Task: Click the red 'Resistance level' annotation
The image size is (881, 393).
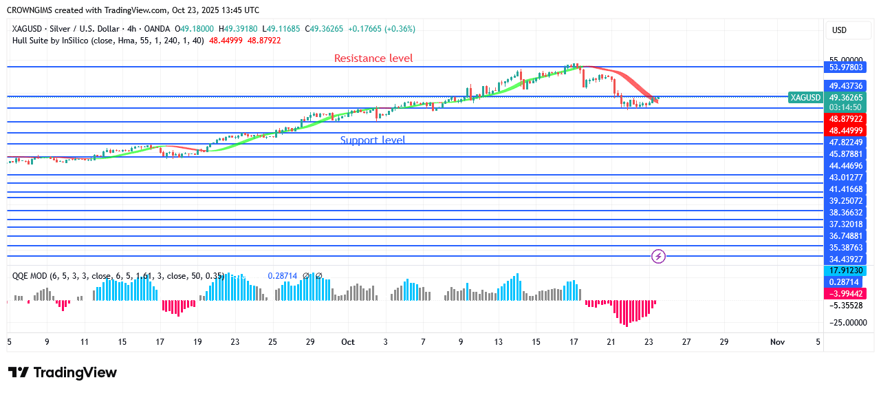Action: (x=373, y=59)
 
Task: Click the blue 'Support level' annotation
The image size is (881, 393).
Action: (x=373, y=140)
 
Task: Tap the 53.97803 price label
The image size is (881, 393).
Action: (x=846, y=67)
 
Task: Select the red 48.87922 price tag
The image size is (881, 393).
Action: (x=846, y=120)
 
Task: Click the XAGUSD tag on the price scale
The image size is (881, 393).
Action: (x=805, y=98)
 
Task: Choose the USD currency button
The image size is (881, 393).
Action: (x=839, y=30)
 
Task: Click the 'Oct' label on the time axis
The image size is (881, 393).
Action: (x=347, y=342)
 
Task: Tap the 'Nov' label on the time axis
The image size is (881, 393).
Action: (x=778, y=342)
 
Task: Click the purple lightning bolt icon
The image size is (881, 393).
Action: (x=658, y=257)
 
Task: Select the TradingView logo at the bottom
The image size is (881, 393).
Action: (x=63, y=372)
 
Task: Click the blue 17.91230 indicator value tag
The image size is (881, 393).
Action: (x=846, y=271)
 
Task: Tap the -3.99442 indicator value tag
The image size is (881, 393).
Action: (x=846, y=293)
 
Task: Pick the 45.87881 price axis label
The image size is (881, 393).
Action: (x=846, y=154)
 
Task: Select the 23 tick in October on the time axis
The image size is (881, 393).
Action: (x=649, y=342)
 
